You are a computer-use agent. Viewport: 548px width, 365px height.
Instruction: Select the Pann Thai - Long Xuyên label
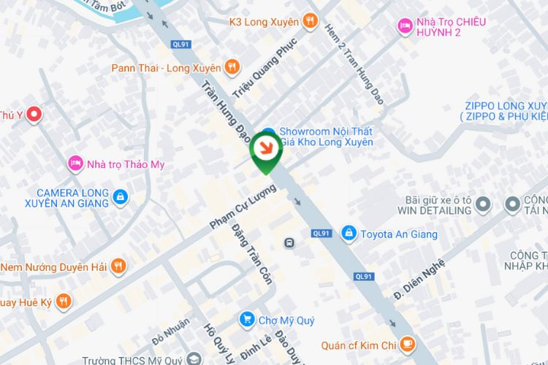coord(166,68)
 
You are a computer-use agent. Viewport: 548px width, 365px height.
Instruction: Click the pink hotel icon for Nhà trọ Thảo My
coord(74,164)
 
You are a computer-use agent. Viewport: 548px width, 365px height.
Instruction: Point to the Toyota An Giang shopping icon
coord(349,234)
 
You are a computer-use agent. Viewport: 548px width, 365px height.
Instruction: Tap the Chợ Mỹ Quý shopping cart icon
coord(247,320)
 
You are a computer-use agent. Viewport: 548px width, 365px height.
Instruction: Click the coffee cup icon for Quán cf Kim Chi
coord(408,345)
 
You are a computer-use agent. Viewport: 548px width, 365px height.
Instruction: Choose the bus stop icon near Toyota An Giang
coord(290,242)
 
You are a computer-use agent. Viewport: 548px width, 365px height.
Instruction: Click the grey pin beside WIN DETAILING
coord(483,205)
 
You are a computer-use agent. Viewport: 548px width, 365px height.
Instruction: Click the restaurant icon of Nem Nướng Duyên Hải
coord(119,266)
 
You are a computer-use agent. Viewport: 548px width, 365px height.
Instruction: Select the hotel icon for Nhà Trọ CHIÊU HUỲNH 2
coord(404,26)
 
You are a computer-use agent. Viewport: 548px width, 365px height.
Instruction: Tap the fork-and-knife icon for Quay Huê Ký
coord(64,300)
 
